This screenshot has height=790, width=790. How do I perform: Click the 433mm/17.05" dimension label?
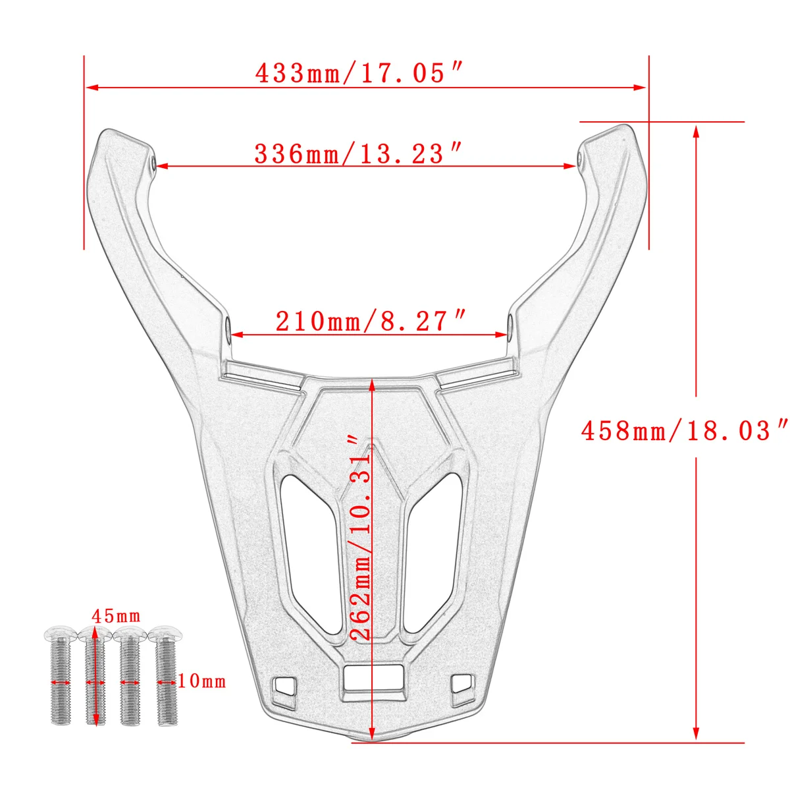tap(359, 73)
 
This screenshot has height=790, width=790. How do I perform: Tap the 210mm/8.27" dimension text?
tap(371, 321)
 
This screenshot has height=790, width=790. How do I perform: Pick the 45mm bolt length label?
tap(116, 616)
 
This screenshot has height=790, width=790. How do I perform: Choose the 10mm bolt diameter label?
tap(201, 682)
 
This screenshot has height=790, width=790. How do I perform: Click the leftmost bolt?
tap(61, 673)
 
